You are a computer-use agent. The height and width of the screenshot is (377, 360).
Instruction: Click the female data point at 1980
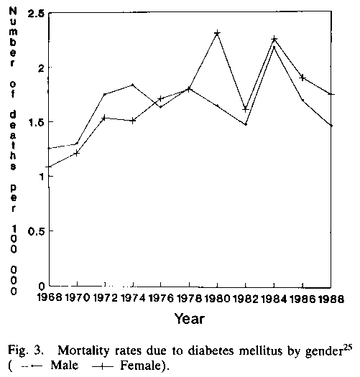click(217, 33)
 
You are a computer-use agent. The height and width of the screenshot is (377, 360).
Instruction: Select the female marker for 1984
click(274, 39)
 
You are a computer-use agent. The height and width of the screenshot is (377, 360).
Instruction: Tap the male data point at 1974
click(133, 85)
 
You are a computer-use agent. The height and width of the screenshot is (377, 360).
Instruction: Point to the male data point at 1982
click(246, 124)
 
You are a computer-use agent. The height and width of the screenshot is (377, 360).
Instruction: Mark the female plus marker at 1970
click(76, 153)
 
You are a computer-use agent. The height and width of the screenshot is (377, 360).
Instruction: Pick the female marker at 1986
click(303, 78)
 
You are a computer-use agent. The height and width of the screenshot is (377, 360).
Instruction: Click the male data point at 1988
click(331, 126)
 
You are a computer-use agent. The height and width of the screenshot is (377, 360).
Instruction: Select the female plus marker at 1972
click(104, 118)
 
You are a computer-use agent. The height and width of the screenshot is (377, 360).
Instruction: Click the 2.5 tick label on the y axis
click(36, 14)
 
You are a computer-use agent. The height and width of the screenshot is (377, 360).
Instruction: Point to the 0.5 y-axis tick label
click(37, 231)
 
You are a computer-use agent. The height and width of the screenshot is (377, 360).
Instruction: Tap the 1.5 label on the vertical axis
click(37, 122)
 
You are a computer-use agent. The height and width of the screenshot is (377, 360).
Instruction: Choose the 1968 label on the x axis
click(50, 298)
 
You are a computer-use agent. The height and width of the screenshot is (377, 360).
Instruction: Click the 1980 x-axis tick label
click(217, 299)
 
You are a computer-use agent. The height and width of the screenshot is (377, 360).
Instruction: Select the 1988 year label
click(331, 299)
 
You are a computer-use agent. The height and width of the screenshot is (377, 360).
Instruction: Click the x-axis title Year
click(190, 319)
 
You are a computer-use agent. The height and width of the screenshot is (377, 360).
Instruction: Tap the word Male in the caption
click(65, 366)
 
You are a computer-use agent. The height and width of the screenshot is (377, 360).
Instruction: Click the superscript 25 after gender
click(348, 348)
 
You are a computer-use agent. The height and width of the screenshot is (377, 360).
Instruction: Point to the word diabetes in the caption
click(211, 351)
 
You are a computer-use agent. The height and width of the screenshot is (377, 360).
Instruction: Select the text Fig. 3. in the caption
click(25, 352)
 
